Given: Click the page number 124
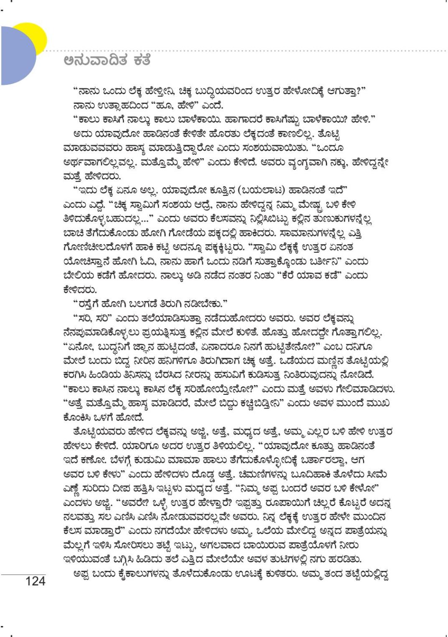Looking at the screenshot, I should click(35, 581).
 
